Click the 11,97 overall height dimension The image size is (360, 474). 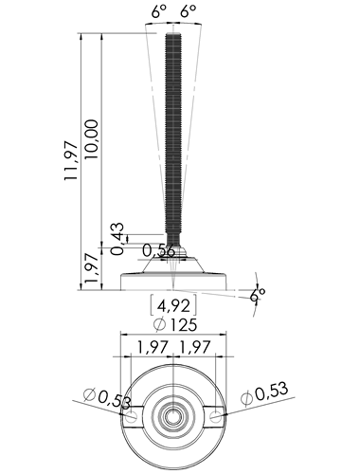(70, 161)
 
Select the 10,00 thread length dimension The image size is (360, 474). (92, 139)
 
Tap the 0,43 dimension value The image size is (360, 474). (117, 239)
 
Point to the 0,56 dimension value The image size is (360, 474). (158, 250)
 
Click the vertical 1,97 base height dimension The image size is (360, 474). (92, 268)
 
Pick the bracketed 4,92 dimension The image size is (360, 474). (173, 305)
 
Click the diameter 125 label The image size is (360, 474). (174, 325)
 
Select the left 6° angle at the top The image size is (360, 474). (158, 12)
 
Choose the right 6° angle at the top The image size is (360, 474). (189, 12)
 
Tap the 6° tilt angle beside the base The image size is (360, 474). (258, 296)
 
